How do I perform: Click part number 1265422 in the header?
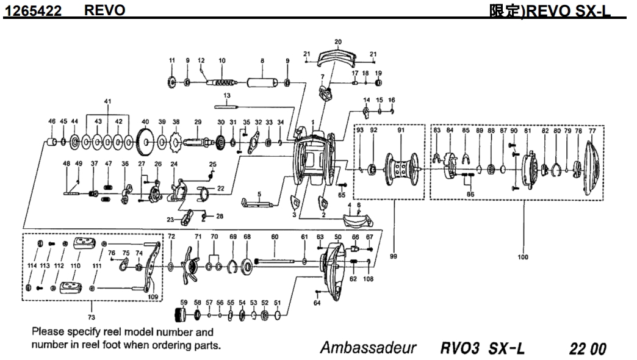[33, 11]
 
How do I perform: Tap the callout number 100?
[523, 257]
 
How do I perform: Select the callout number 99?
[394, 257]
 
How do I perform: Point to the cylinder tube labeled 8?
[262, 82]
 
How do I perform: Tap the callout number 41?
[107, 101]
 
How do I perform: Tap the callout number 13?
[226, 96]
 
